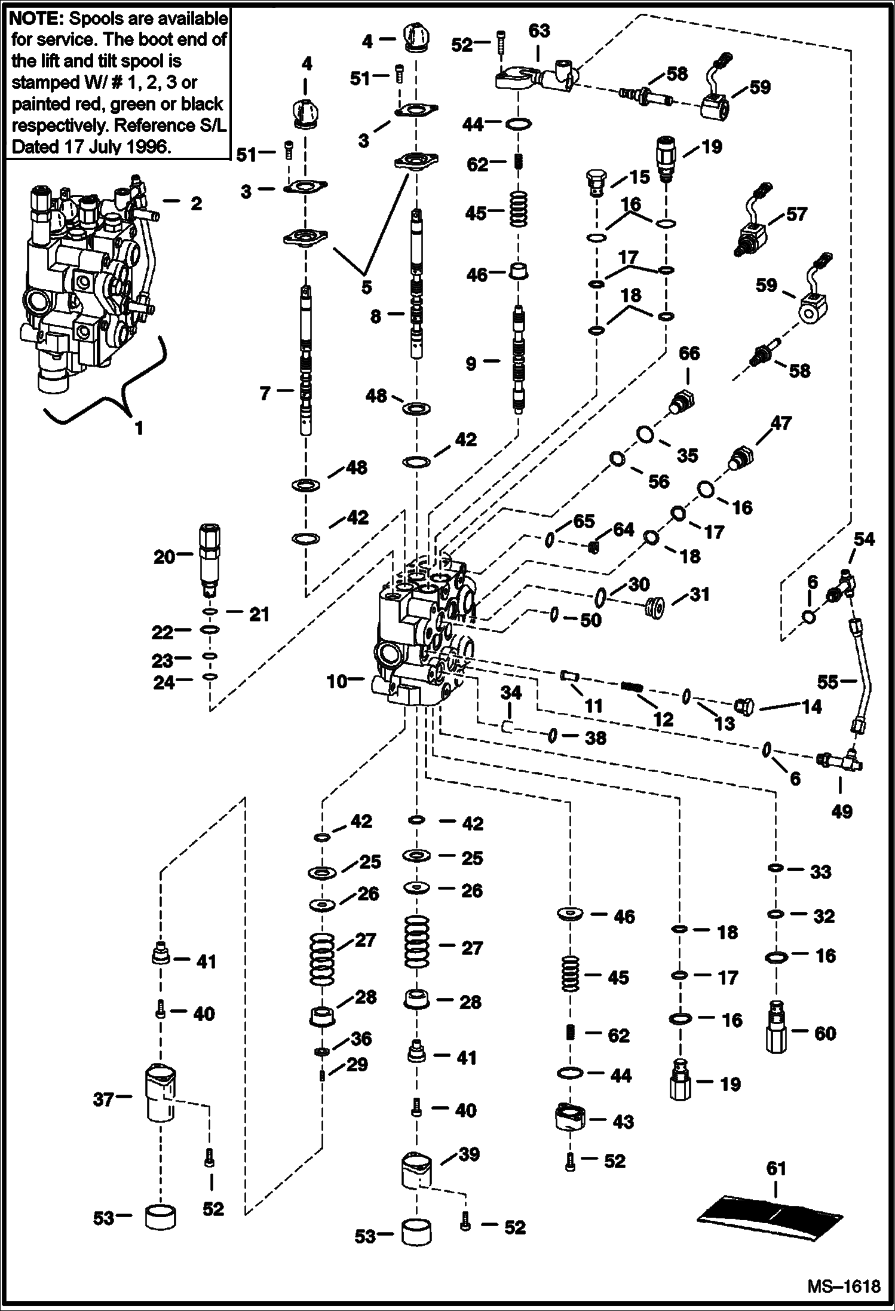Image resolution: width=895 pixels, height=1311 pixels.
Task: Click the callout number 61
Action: pyautogui.click(x=776, y=1168)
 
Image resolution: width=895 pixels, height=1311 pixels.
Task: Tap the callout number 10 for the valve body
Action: pyautogui.click(x=337, y=680)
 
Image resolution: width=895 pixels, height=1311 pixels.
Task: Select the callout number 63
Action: pyautogui.click(x=539, y=30)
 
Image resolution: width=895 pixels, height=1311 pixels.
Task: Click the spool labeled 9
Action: pyautogui.click(x=517, y=359)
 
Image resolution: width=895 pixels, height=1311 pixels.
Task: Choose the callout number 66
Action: pyautogui.click(x=689, y=353)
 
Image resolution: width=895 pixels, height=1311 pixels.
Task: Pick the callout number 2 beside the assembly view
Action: pyautogui.click(x=196, y=203)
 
